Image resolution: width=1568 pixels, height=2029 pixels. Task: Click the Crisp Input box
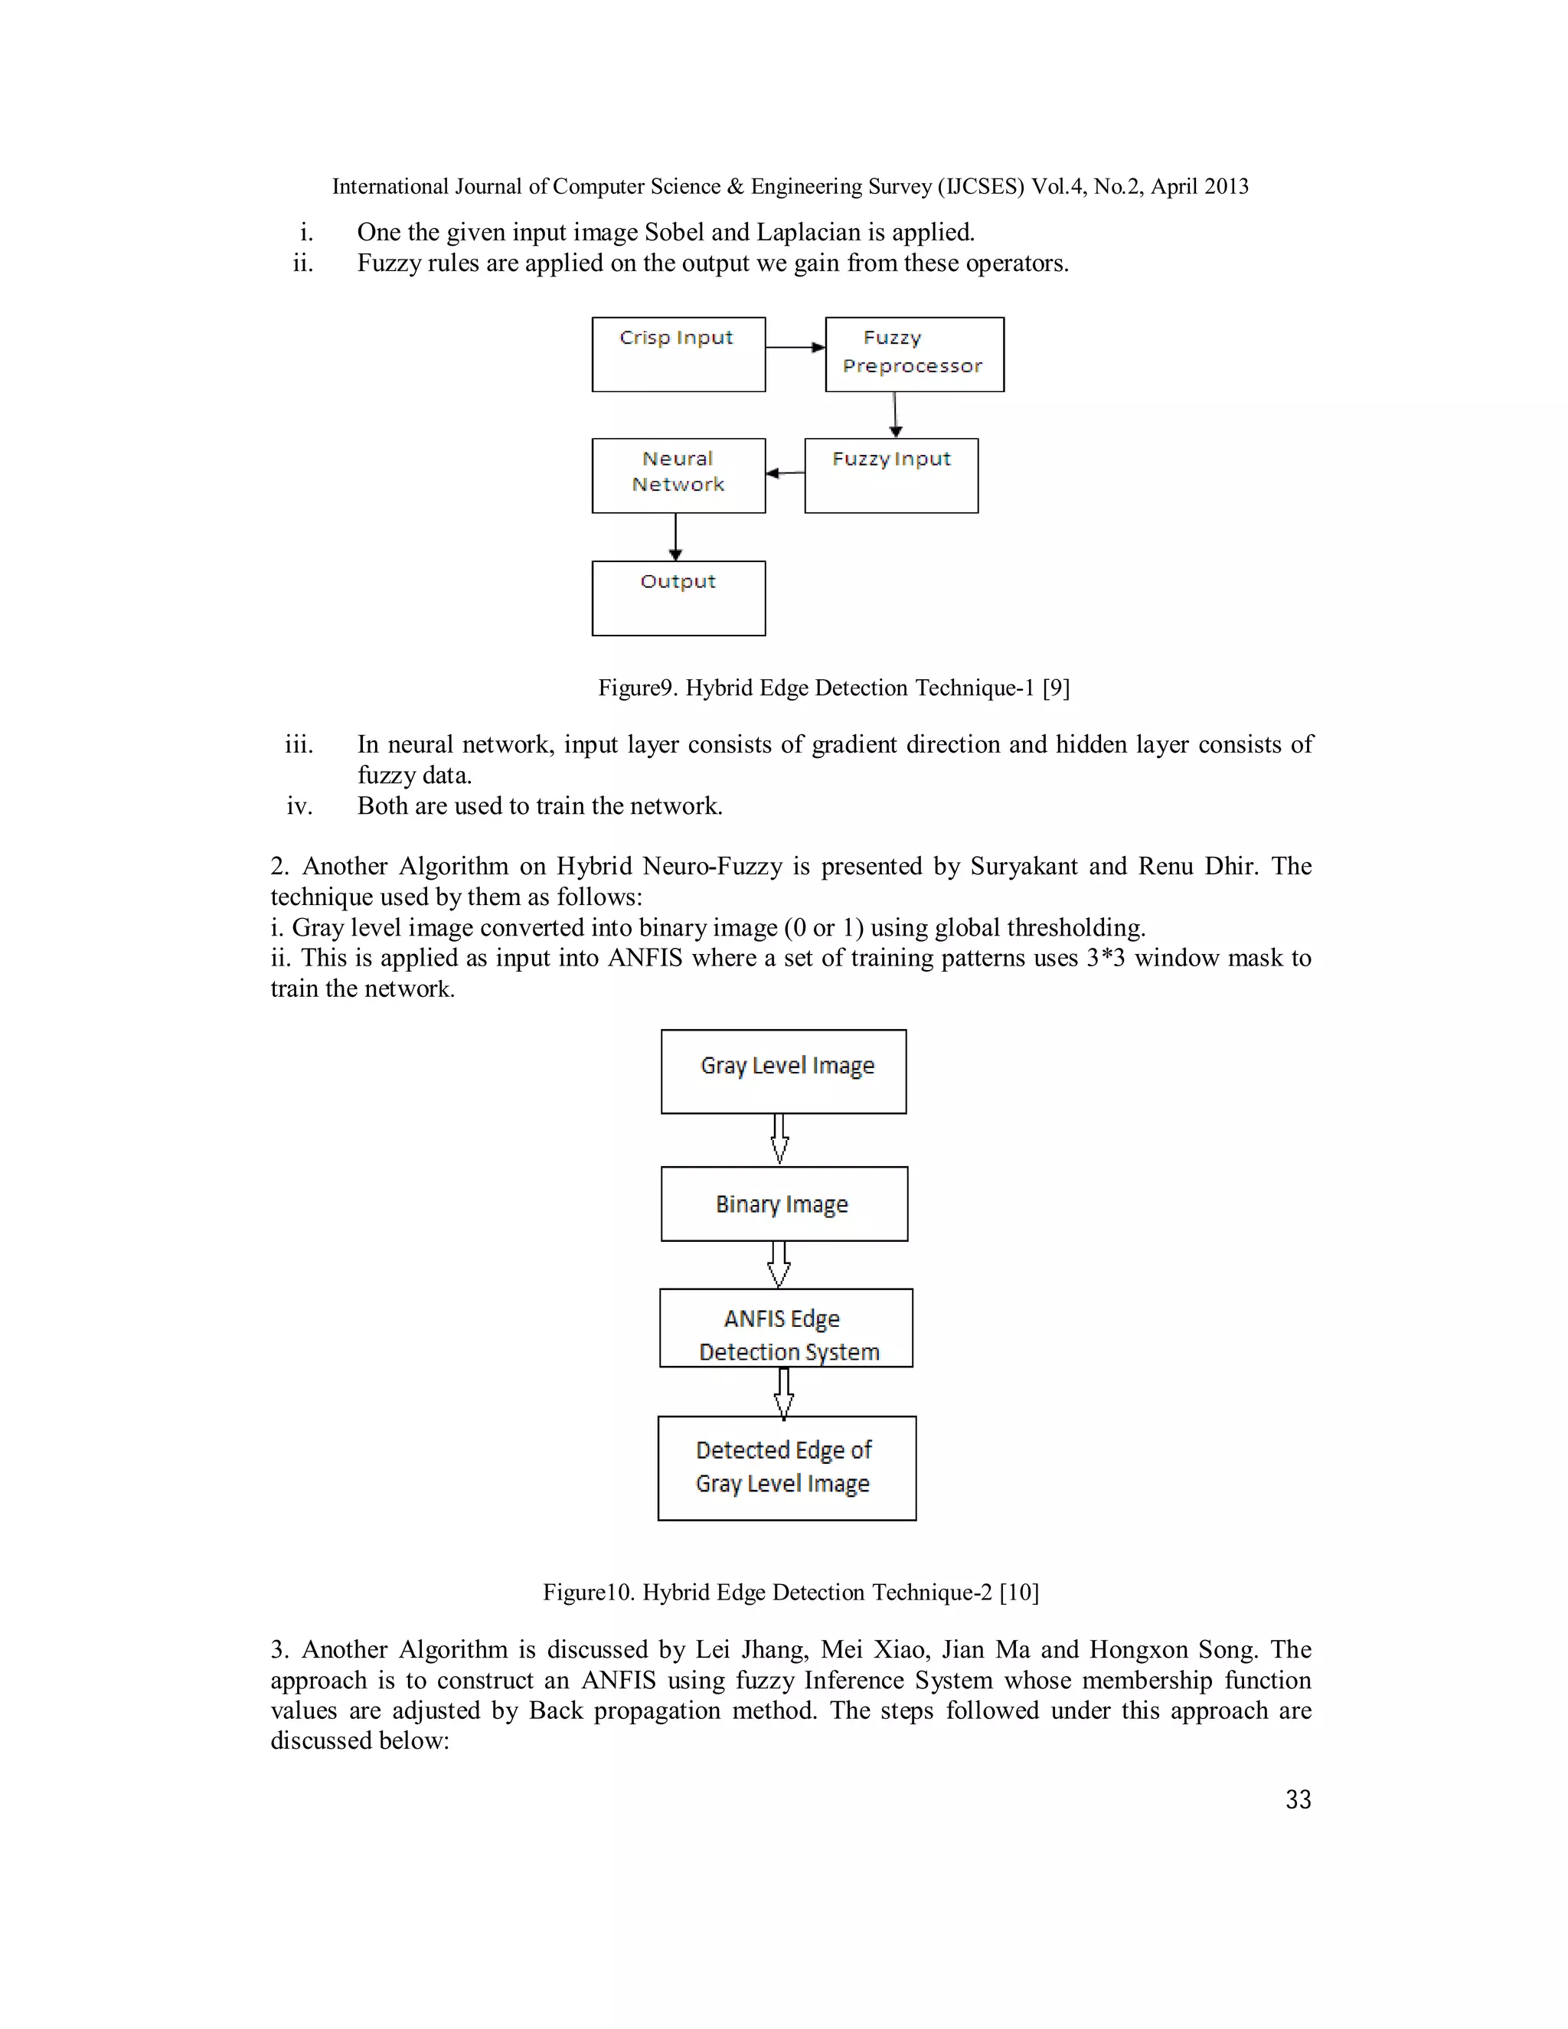tap(678, 354)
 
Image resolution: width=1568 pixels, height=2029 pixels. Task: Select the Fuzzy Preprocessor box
tap(914, 354)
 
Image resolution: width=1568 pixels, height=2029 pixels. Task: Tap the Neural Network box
tap(678, 475)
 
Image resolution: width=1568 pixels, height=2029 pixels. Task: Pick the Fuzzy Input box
tap(891, 475)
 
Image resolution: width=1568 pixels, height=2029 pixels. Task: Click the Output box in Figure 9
tap(678, 597)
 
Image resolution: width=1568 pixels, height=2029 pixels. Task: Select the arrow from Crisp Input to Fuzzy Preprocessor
tap(794, 348)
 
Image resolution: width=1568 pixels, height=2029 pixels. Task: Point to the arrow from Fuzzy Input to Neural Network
tap(785, 474)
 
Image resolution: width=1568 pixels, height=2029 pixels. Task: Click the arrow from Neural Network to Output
tap(675, 536)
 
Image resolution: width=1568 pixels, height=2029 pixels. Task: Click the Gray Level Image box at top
tap(783, 1070)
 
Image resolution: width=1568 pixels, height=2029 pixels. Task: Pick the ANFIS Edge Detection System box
tap(785, 1328)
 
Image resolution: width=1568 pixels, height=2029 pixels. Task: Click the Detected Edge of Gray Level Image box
tap(786, 1468)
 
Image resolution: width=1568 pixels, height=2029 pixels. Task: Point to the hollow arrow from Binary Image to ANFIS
tap(779, 1264)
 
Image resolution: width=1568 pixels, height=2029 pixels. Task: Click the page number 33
tap(1298, 1799)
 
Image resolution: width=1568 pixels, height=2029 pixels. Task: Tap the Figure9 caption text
tap(833, 688)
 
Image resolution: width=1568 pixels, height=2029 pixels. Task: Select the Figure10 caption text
tap(790, 1593)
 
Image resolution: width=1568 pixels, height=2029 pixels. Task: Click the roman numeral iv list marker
tap(299, 806)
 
